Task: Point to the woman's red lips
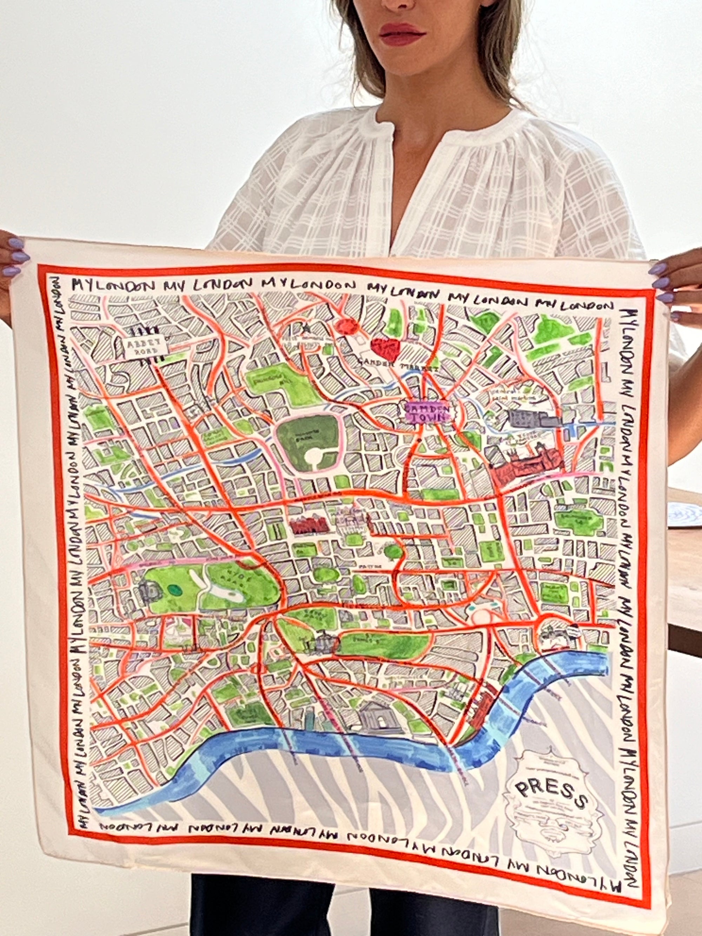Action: (x=401, y=33)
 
